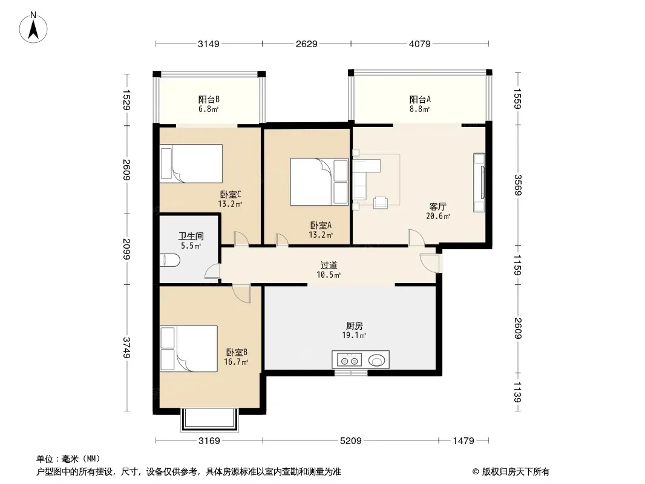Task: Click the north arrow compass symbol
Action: (x=33, y=28)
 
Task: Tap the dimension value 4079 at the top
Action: (x=419, y=44)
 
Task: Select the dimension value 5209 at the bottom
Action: (x=350, y=441)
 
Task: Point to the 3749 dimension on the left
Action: (x=126, y=347)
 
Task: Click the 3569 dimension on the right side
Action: (x=517, y=185)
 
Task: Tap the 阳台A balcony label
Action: (x=420, y=99)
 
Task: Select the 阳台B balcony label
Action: (x=209, y=99)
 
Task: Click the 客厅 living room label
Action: (x=437, y=206)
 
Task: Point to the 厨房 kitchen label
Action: (x=354, y=325)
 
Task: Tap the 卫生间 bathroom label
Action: (x=191, y=237)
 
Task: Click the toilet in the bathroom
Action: (x=170, y=260)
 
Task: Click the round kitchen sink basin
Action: (x=376, y=361)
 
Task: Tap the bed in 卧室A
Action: (x=319, y=181)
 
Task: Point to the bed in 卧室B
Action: (x=188, y=348)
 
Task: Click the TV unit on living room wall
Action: (x=479, y=183)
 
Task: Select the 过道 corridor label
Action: (x=329, y=266)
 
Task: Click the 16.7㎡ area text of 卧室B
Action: (x=236, y=362)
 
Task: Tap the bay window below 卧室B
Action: (x=210, y=420)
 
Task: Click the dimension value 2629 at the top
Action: (x=306, y=44)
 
